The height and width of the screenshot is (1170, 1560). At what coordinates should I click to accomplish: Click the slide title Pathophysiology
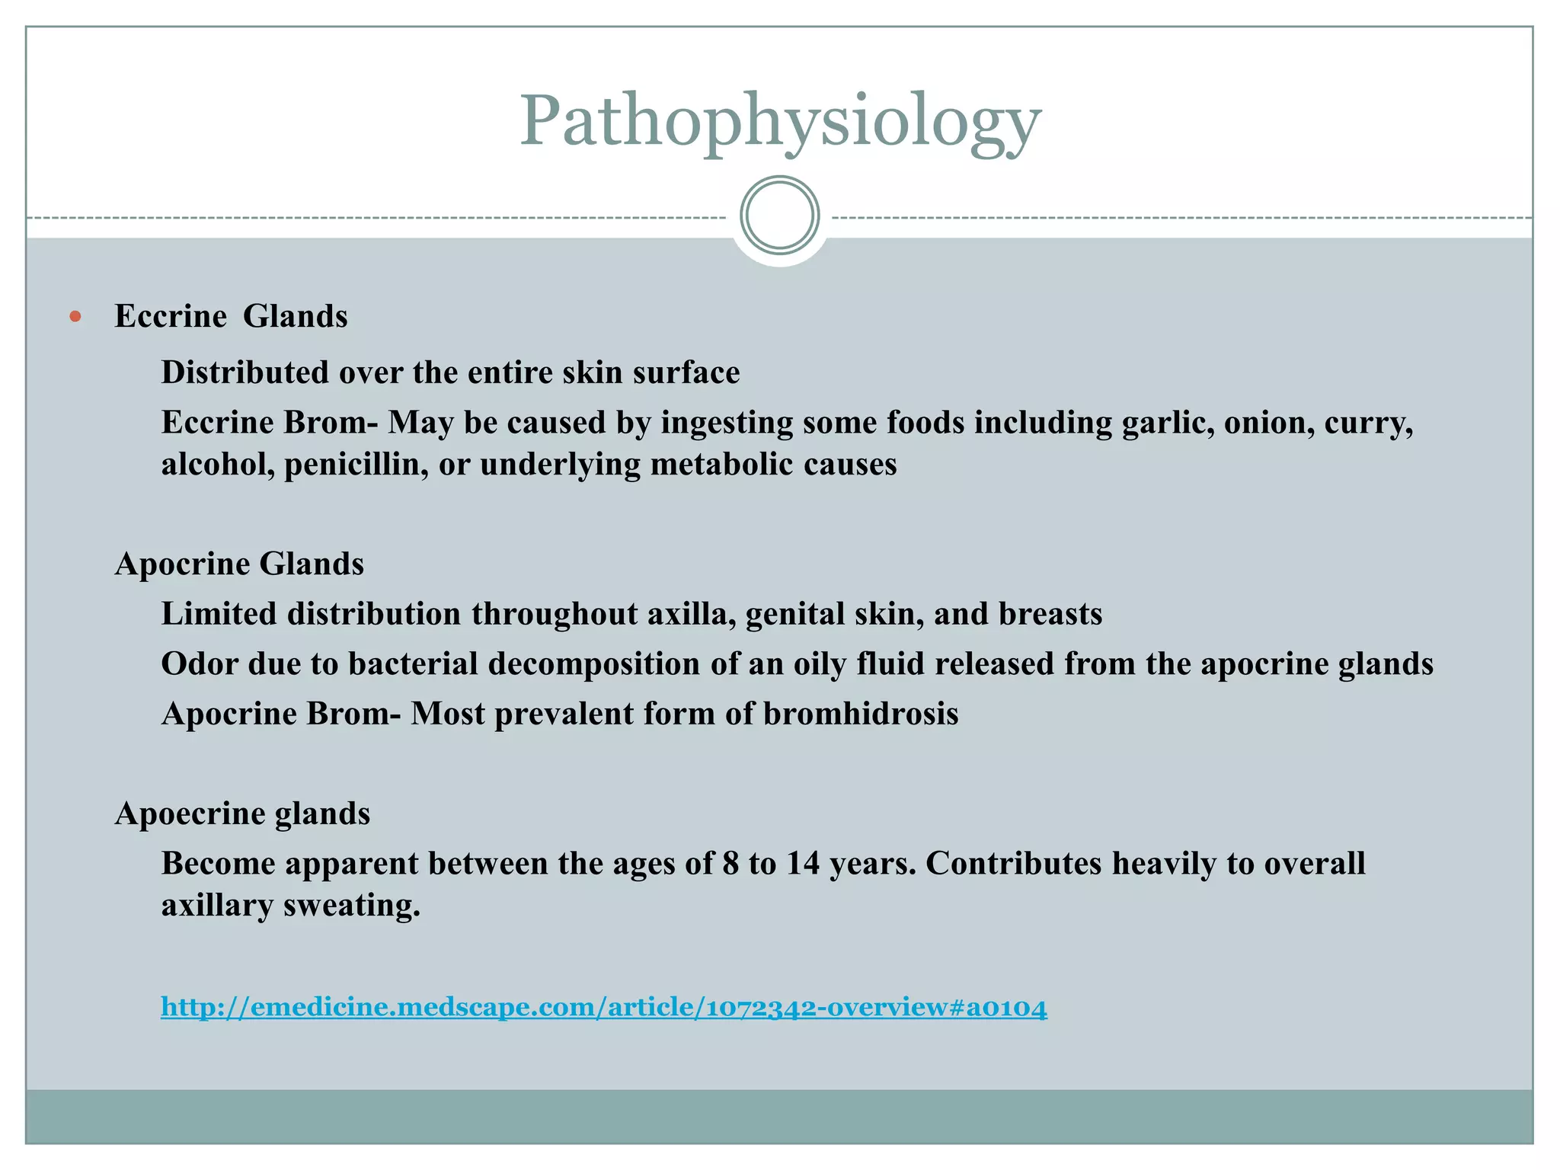780,122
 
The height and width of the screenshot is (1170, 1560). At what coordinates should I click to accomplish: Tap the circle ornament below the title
780,216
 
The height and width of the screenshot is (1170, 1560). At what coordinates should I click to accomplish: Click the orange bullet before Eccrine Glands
75,316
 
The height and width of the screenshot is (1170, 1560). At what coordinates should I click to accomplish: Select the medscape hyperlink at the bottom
603,1008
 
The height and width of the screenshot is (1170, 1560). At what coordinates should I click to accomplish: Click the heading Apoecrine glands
242,814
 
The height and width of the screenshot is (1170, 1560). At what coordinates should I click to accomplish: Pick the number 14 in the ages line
802,864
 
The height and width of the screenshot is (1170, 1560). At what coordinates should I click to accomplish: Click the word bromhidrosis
861,714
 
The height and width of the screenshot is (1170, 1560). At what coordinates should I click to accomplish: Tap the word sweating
352,906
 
